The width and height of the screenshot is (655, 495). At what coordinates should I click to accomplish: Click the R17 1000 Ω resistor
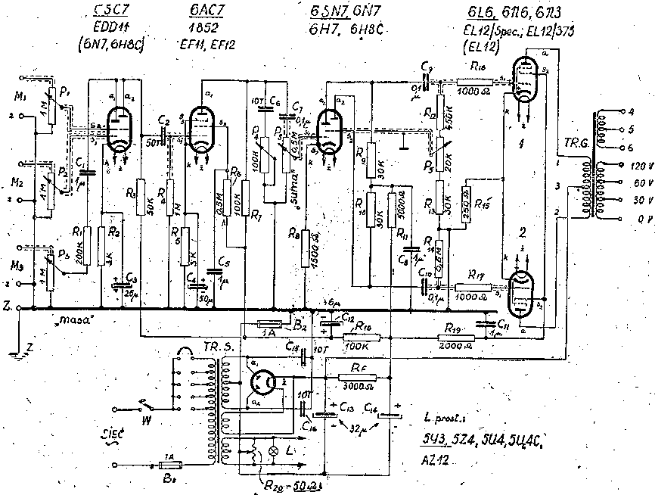pos(472,288)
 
